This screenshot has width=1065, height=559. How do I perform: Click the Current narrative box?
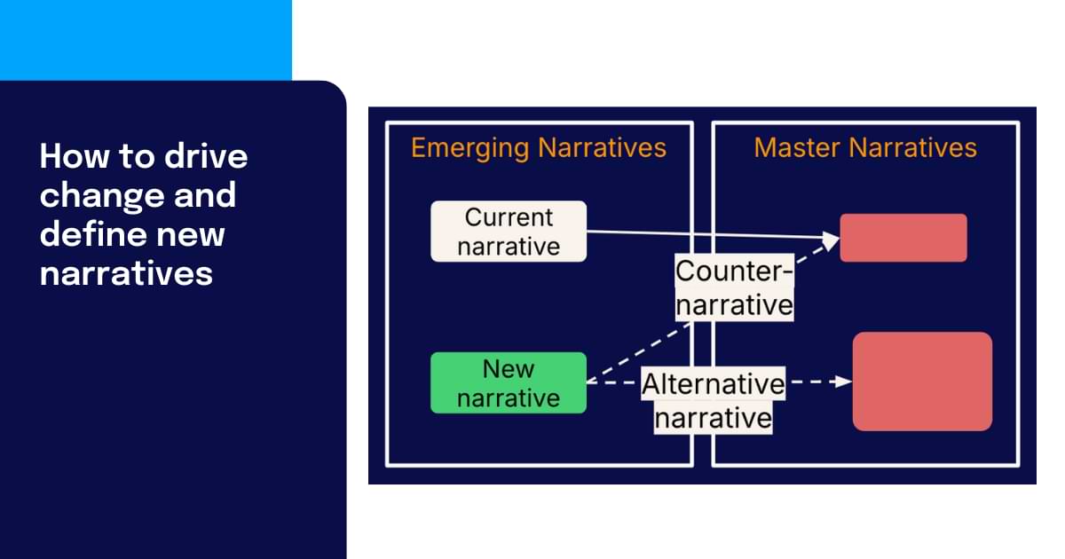coord(509,231)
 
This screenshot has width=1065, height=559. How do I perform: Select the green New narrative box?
coord(509,382)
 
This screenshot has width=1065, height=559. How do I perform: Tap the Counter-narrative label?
coord(734,287)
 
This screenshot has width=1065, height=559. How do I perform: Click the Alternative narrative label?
coord(713,401)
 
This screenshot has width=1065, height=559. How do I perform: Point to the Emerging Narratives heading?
coord(539,147)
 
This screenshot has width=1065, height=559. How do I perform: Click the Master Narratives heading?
coord(865,147)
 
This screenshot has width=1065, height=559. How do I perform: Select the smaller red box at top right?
coord(903,237)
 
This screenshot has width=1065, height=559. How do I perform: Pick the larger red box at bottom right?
coord(922,382)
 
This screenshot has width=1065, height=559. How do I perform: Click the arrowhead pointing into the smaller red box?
coord(831,239)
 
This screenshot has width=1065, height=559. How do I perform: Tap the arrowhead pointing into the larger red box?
coord(843,382)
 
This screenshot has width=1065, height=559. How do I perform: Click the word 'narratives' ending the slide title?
coord(126,273)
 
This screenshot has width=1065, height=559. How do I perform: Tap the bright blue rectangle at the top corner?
coord(146,39)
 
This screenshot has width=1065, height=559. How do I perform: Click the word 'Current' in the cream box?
coord(509,217)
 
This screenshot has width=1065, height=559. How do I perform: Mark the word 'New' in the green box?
coord(509,368)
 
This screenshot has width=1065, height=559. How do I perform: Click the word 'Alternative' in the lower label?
coord(713,385)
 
